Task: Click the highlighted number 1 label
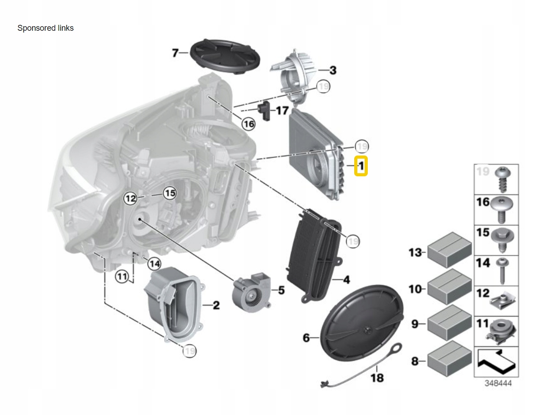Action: [361, 166]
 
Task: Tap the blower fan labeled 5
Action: [251, 292]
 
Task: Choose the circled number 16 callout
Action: [248, 123]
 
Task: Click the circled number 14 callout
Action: [154, 264]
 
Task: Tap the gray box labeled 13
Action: [449, 250]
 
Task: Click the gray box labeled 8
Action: [449, 359]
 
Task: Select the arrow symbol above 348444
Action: [496, 361]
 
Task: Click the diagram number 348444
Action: [498, 383]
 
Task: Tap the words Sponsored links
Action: [46, 28]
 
